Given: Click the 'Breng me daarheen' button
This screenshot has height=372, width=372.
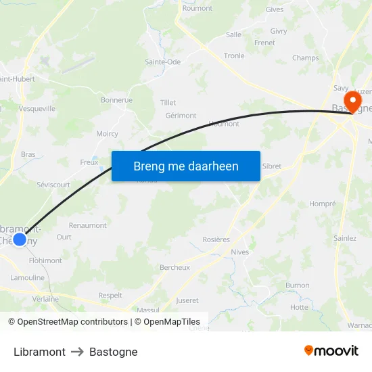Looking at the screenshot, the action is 186,166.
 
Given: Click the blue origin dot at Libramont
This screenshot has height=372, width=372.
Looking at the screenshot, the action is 20,239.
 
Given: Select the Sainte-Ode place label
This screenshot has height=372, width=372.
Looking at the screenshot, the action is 162,62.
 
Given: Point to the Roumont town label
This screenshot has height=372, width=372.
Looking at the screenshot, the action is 197,8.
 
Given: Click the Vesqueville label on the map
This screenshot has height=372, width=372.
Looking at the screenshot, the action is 38,108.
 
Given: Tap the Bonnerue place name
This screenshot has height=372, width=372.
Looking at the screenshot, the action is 116,100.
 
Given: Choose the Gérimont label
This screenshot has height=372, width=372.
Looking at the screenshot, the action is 181,116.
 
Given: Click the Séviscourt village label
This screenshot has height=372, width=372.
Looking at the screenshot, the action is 53,184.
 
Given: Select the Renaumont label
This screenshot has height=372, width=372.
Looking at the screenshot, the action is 88,225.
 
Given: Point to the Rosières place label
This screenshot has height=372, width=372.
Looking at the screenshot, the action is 216,239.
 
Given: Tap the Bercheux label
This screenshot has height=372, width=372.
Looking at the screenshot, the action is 175,267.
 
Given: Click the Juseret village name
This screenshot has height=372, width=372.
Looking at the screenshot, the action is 187,300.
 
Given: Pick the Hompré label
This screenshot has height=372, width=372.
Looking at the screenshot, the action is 322,204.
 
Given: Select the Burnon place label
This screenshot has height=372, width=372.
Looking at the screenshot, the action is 298,285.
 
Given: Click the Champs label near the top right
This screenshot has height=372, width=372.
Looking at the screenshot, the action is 305,58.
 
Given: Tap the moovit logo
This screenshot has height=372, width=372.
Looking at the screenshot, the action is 331,351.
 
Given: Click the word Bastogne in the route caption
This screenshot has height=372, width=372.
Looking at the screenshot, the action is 114,352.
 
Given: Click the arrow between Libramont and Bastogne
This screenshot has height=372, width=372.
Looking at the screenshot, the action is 77,352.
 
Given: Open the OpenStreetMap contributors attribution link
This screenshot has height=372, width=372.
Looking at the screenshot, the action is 70,322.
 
